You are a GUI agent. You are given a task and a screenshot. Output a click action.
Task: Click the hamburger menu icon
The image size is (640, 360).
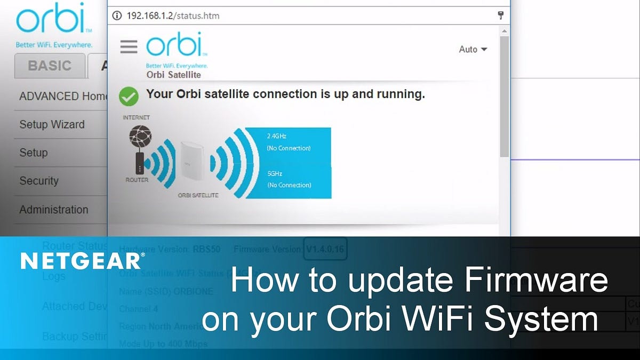[129, 46]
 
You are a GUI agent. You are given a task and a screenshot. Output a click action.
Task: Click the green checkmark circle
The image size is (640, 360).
[128, 96]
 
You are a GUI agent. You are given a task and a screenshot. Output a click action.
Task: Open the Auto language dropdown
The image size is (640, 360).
[473, 49]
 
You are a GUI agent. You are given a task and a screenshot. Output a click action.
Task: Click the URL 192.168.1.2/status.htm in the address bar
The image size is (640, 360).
[173, 15]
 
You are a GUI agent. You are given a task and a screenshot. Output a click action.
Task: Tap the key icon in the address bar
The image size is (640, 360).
[501, 15]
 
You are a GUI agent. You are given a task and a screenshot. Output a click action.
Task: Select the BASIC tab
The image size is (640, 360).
[50, 66]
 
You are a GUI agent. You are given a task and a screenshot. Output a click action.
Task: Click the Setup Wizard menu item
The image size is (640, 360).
[52, 124]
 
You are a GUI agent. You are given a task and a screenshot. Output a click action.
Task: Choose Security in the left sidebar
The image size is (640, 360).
[38, 181]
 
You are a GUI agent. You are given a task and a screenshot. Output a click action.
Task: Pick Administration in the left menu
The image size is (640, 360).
[53, 210]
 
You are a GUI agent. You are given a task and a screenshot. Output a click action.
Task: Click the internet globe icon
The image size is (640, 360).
[140, 138]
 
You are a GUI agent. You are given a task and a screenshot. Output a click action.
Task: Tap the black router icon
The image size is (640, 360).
[139, 163]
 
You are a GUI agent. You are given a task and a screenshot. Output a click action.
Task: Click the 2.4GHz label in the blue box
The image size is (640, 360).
[277, 136]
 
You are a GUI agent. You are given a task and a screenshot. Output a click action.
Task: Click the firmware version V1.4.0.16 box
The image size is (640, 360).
[325, 249]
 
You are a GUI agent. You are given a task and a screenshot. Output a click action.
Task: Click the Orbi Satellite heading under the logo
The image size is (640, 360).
[173, 75]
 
